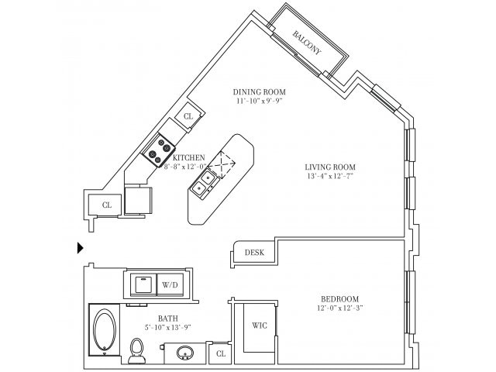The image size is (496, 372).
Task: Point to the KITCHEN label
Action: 188,157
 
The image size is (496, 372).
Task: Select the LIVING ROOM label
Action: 329,166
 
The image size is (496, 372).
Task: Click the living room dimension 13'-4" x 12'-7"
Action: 329,176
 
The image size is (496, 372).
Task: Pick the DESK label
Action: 254,253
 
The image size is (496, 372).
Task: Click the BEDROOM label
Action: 340,299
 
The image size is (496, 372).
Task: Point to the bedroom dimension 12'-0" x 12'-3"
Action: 340,309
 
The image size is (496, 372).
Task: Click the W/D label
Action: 169,285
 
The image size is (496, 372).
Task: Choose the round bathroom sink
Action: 186,353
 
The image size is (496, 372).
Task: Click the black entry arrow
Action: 80,247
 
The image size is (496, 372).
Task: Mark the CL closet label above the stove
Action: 188,116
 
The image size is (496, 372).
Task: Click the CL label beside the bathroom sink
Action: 220,353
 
